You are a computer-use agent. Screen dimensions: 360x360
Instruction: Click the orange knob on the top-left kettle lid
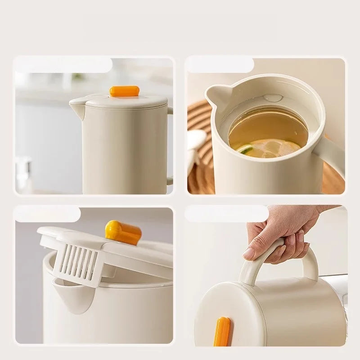point(122,91)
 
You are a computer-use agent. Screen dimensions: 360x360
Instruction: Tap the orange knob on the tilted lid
point(123,232)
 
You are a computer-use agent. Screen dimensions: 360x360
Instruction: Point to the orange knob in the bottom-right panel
point(222,332)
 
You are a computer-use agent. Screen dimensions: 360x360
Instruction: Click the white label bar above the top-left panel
point(63,65)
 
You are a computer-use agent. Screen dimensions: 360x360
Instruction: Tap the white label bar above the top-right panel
point(220,64)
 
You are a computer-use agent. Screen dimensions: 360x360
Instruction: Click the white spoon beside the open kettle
point(195,144)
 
